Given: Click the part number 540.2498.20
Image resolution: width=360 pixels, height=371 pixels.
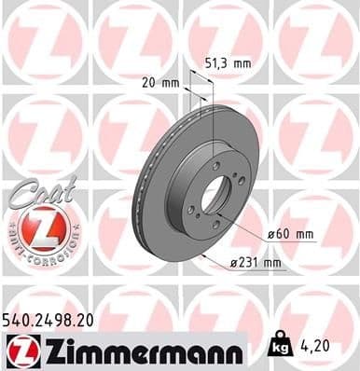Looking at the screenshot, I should pyautogui.click(x=55, y=318).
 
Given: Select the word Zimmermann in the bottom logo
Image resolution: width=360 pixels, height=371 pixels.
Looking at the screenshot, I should pyautogui.click(x=140, y=350).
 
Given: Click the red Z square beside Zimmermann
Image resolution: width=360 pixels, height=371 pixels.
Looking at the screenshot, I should pyautogui.click(x=21, y=350).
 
